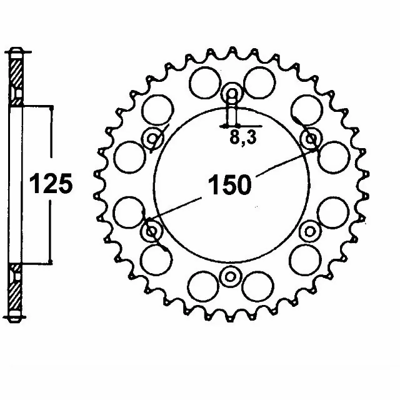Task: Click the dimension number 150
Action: [x=232, y=185]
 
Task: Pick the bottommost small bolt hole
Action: [x=231, y=276]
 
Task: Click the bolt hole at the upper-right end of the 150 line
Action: [x=311, y=138]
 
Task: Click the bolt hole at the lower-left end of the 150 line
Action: [x=152, y=232]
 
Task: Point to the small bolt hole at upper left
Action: [x=152, y=139]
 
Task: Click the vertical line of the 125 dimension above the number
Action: [x=50, y=141]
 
